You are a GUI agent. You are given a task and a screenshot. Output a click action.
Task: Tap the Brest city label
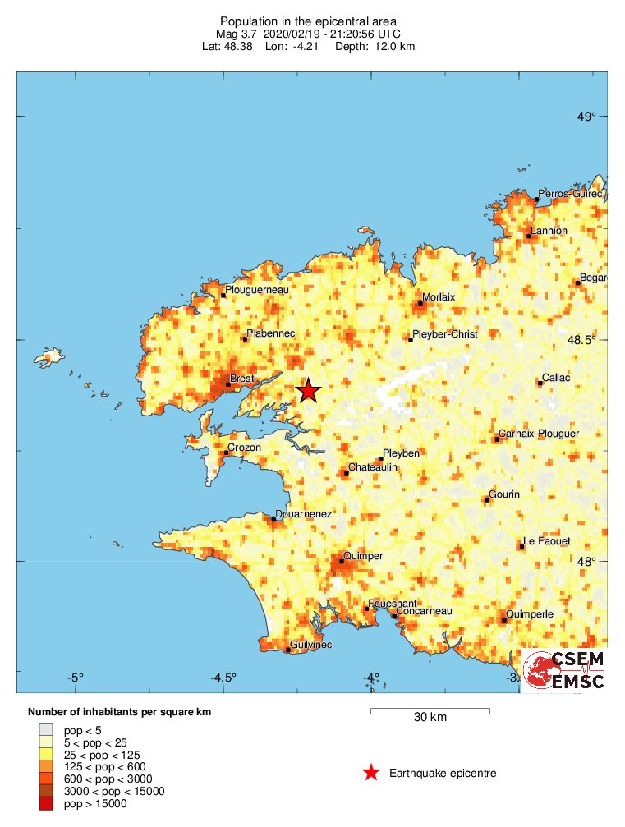click(242, 379)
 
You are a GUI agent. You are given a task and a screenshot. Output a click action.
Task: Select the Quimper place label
click(362, 556)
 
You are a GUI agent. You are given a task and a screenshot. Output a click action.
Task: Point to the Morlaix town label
click(438, 296)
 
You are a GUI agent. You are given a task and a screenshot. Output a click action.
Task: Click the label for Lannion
click(549, 231)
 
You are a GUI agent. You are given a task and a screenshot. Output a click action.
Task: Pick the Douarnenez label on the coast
click(303, 513)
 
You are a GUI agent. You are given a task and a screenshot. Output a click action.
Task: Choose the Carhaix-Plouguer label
click(538, 434)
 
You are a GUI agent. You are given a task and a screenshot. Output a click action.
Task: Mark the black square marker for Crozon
click(227, 453)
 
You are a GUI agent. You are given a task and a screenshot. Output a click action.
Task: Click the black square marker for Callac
click(540, 383)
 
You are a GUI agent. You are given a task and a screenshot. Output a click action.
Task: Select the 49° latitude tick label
click(586, 117)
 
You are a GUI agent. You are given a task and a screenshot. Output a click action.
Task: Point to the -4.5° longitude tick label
click(223, 678)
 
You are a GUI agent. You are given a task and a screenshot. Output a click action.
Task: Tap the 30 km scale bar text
click(430, 717)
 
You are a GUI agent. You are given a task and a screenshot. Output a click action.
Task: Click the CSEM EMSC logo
click(565, 669)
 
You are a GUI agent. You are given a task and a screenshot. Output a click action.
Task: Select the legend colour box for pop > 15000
click(46, 803)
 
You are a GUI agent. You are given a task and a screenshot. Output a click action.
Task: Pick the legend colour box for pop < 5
click(46, 729)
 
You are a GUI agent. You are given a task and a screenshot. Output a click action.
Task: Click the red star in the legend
click(371, 773)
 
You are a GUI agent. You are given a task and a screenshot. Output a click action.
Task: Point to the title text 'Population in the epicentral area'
click(308, 21)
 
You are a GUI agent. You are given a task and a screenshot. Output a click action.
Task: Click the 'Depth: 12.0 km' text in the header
click(375, 47)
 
